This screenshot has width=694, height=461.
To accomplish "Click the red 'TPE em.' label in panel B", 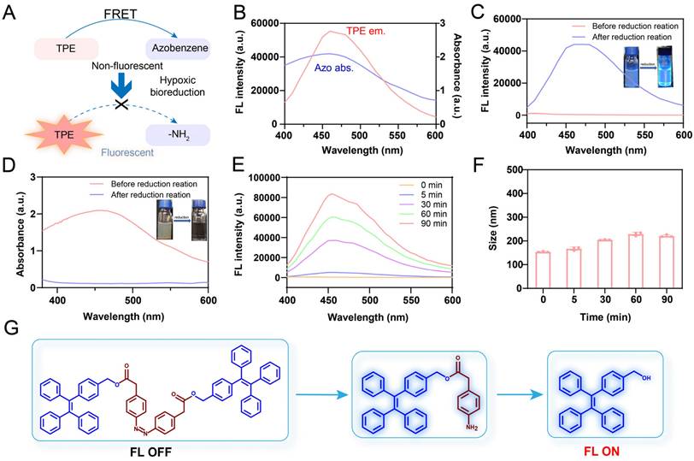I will tap(366, 31).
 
